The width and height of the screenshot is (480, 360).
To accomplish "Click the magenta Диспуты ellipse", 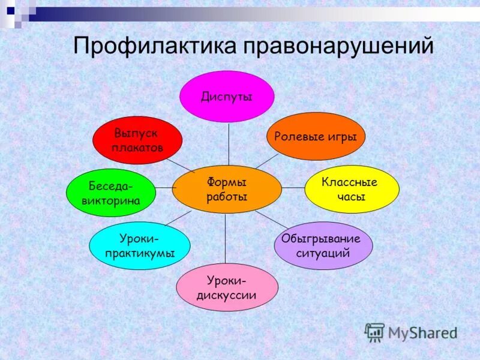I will [227, 97].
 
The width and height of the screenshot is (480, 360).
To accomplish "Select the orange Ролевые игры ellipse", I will [316, 136].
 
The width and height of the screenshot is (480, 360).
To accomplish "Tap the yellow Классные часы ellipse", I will [352, 189].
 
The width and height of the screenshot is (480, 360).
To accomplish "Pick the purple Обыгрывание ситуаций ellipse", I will [323, 245].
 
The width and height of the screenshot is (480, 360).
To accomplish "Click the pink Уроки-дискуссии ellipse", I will [227, 287].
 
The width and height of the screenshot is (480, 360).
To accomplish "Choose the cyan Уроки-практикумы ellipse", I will [140, 245].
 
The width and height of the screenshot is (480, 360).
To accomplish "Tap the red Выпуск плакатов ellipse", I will [137, 140].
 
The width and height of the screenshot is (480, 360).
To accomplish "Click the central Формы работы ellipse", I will [227, 189].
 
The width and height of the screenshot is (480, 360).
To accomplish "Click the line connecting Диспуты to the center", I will [228, 144].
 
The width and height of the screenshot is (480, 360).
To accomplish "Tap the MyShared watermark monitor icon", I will [375, 332].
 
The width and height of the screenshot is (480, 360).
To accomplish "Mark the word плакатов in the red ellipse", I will [137, 148].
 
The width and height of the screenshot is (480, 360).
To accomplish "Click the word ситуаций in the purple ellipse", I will [323, 253].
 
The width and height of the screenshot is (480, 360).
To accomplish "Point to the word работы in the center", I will [227, 197].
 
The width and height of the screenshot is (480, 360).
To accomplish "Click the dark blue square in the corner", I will [11, 10].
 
